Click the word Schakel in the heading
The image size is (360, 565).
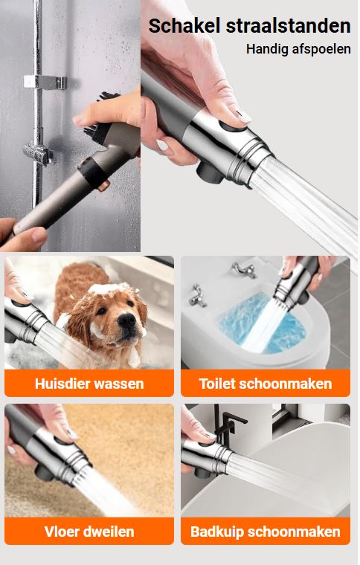[x=185, y=26]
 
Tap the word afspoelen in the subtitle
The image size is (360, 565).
[x=321, y=49]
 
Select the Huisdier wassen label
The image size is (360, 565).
[x=89, y=384]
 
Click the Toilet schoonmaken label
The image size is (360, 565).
[x=266, y=384]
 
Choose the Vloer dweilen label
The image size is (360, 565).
[x=89, y=532]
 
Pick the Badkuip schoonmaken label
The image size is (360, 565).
[x=266, y=532]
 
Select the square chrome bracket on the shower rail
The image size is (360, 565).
[x=45, y=82]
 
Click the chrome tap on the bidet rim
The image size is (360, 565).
[x=196, y=295]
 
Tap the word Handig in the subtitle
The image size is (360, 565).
[x=267, y=49]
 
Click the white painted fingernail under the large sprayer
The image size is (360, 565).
[x=162, y=145]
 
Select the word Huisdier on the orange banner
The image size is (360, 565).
[x=62, y=384]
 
